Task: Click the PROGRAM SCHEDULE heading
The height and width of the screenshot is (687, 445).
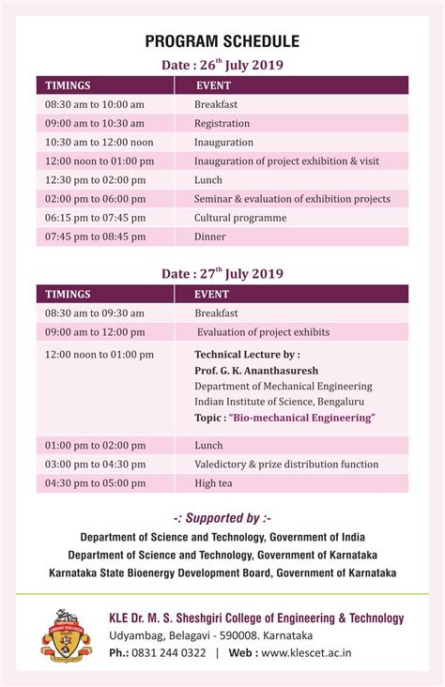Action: click(222, 41)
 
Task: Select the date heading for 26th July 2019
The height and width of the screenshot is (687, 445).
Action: click(222, 65)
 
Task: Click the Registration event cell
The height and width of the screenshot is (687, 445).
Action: click(222, 123)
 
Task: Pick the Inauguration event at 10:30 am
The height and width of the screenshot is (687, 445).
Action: click(223, 142)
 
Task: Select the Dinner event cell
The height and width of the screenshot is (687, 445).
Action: click(210, 237)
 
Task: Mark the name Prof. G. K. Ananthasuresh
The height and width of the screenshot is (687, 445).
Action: click(256, 371)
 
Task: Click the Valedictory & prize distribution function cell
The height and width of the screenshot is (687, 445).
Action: click(286, 465)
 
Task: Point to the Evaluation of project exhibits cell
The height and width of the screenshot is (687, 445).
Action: click(263, 331)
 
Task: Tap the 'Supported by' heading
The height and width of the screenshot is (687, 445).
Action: click(222, 518)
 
